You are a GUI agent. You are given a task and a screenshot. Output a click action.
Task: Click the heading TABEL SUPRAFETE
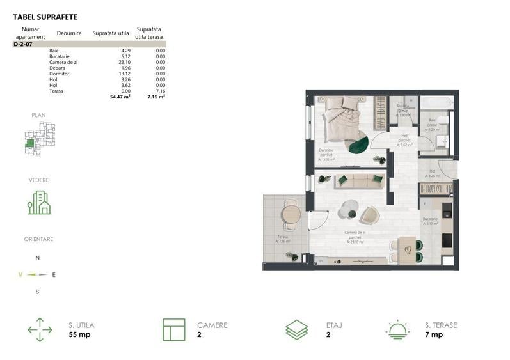coord(45,17)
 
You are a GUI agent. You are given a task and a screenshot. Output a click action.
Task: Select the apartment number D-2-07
coord(22,44)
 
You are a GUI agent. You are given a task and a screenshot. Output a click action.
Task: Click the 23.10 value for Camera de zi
coord(124,62)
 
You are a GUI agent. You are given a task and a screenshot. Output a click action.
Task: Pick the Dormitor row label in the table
coord(59,74)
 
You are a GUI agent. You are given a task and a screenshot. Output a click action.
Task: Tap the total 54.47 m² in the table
coord(120,97)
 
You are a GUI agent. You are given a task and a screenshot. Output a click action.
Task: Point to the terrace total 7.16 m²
coord(156,97)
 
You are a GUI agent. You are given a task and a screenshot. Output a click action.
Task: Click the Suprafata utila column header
coord(111,33)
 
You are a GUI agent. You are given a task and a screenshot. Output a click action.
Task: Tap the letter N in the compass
coord(37,258)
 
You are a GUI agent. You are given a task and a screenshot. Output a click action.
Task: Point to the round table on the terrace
coord(291,213)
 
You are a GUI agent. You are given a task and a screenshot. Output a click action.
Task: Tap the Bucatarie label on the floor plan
coord(429,221)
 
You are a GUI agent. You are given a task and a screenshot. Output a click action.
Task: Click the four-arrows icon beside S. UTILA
coord(40,329)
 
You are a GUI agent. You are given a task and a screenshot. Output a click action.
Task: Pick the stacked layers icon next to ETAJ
coord(296,329)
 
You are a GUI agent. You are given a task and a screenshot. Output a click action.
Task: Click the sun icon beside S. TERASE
coord(398,329)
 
